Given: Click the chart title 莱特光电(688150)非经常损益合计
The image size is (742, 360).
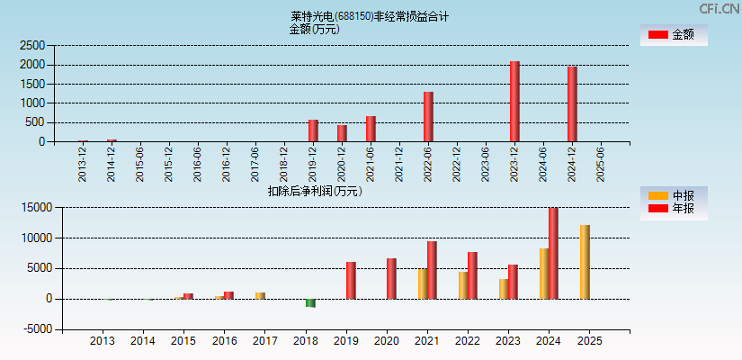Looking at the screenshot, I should [x=370, y=16].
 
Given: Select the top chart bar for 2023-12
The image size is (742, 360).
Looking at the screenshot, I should [x=514, y=102].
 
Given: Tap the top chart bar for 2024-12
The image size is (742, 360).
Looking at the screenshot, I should [x=572, y=104].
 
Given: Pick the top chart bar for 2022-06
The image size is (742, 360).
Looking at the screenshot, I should [x=428, y=117].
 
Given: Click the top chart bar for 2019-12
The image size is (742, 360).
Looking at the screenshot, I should [x=313, y=131].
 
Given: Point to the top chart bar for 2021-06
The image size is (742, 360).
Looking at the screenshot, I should [x=371, y=129].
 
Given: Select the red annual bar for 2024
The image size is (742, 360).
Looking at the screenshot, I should [x=553, y=254].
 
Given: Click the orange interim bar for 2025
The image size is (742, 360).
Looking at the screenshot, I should [x=585, y=262].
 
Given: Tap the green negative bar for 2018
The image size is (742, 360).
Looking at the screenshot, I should [x=310, y=303].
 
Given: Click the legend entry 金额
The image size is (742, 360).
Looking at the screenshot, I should [x=674, y=35].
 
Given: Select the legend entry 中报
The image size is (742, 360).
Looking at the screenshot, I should [x=674, y=195].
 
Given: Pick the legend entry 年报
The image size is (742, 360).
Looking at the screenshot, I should [x=674, y=209].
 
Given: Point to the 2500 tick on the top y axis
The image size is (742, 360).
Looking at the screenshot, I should [x=32, y=45].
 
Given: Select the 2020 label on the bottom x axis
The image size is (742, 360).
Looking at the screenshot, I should [x=387, y=342].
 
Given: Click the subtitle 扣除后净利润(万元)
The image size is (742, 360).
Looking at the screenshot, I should [x=315, y=191].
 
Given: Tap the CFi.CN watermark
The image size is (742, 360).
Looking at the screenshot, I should [x=719, y=9].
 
